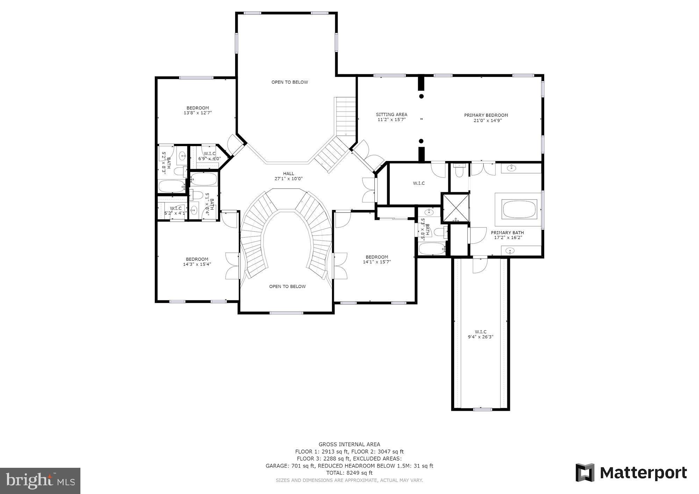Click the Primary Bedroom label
click(x=486, y=115)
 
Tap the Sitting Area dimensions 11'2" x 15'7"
click(x=391, y=120)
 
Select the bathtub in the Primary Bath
click(x=519, y=209)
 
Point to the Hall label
click(x=288, y=174)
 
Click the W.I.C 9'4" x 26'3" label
click(x=481, y=334)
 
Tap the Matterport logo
click(x=631, y=473)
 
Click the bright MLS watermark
click(x=40, y=481)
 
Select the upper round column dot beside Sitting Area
click(x=421, y=96)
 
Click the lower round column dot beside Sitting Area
click(x=421, y=141)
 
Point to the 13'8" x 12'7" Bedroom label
click(x=197, y=110)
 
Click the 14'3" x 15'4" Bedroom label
click(x=197, y=262)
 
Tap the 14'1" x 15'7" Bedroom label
click(x=377, y=259)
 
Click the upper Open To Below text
click(x=290, y=82)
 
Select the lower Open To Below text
click(x=287, y=286)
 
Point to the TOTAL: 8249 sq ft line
click(x=349, y=473)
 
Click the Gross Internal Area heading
click(x=349, y=444)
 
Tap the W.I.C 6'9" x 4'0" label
click(x=210, y=156)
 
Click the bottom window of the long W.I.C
click(x=482, y=409)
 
